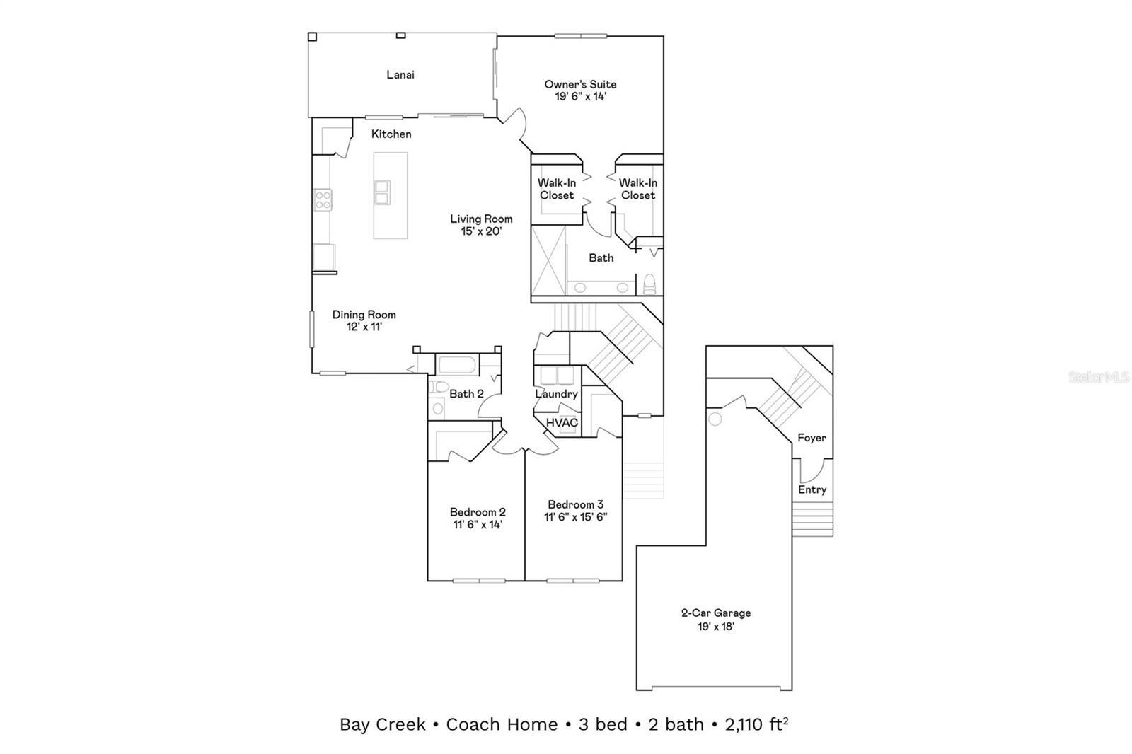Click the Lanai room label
tap(400, 75)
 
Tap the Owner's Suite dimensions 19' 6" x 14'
tap(580, 96)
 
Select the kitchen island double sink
tap(382, 192)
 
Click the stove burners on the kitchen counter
tap(323, 199)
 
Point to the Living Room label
tap(481, 219)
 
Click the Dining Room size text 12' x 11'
tap(364, 327)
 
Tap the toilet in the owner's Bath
tap(649, 284)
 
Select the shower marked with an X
tap(549, 260)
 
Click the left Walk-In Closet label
tap(557, 189)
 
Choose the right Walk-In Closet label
tap(637, 189)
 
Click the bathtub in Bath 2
tap(456, 366)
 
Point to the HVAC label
tap(562, 422)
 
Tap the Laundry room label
tap(556, 394)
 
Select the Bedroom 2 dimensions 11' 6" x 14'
tap(478, 525)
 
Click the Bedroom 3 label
tap(576, 504)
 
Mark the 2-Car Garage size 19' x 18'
tap(715, 627)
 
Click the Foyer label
tap(812, 438)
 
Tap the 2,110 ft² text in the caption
tap(756, 724)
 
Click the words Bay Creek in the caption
tap(383, 725)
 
